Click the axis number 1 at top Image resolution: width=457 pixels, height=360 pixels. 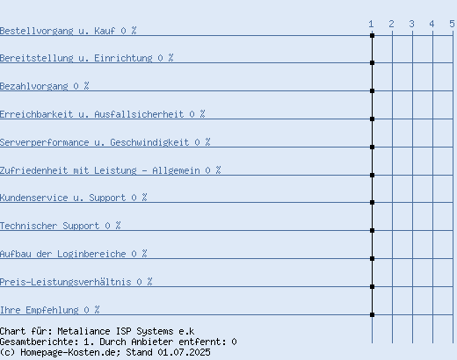(371, 24)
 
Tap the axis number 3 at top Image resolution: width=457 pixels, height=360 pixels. (411, 24)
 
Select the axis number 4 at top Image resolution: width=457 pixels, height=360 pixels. (432, 24)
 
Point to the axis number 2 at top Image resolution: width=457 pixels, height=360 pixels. (391, 24)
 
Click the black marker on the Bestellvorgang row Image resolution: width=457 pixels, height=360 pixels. (372, 35)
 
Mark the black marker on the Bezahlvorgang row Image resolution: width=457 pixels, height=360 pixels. (372, 91)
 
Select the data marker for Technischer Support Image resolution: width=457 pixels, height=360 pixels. (372, 231)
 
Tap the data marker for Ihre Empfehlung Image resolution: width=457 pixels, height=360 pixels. (372, 315)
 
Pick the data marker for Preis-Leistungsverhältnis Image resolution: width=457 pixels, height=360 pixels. (372, 287)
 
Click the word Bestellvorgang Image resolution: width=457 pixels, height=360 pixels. (36, 31)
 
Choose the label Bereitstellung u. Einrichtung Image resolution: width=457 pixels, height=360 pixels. (76, 58)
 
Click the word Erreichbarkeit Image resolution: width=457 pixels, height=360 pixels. (36, 114)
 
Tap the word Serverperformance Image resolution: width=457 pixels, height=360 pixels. (44, 142)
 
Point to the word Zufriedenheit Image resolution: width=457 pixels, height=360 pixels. (33, 170)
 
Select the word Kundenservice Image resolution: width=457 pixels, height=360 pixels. (33, 198)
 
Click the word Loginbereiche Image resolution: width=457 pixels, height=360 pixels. (91, 254)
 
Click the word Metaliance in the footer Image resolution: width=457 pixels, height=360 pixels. (83, 331)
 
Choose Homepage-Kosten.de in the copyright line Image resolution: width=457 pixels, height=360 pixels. (70, 352)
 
